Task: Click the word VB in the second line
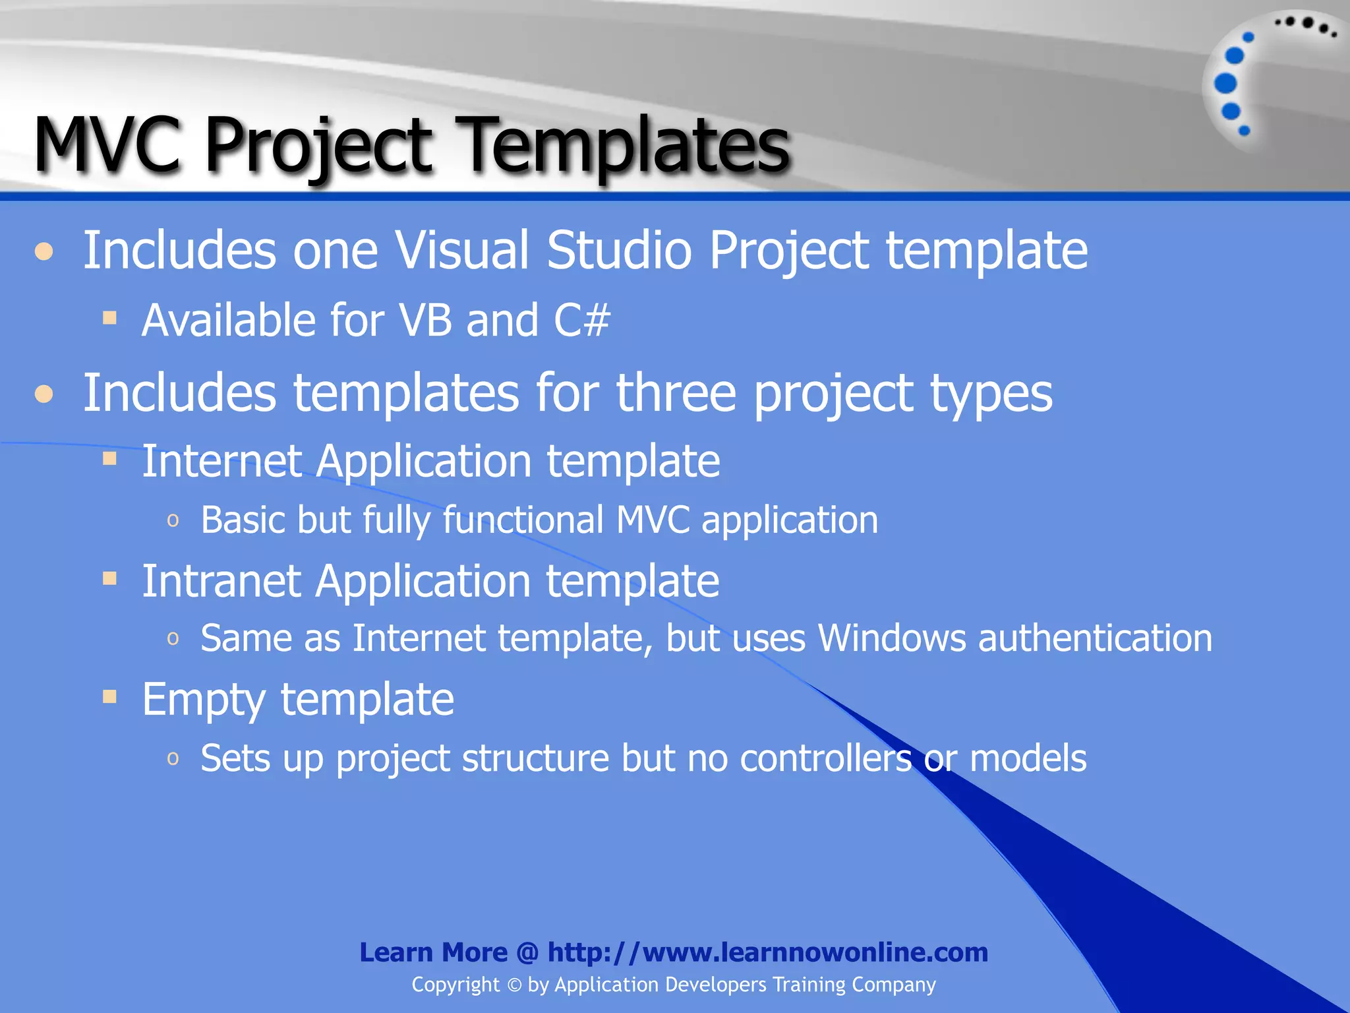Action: pyautogui.click(x=426, y=321)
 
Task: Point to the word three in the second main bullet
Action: pyautogui.click(x=676, y=393)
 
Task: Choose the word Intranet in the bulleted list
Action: pyautogui.click(x=221, y=581)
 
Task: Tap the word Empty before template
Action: pyautogui.click(x=203, y=700)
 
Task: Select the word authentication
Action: pyautogui.click(x=1095, y=638)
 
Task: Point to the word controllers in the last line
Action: pyautogui.click(x=826, y=758)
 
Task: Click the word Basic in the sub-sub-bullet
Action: pyautogui.click(x=243, y=520)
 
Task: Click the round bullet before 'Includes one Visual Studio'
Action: pyautogui.click(x=44, y=252)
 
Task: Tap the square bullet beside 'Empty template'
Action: pyautogui.click(x=110, y=697)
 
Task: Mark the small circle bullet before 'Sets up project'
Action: pyautogui.click(x=173, y=758)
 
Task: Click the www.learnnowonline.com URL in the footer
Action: pyautogui.click(x=768, y=952)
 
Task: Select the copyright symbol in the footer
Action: pyautogui.click(x=514, y=985)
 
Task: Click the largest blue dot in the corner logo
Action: pyautogui.click(x=1225, y=83)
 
